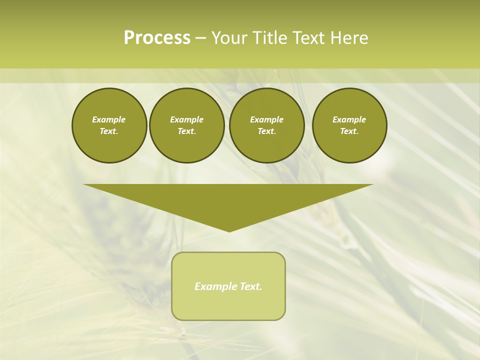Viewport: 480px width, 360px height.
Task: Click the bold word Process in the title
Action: click(x=157, y=38)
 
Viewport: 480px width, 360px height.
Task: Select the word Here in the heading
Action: click(x=349, y=38)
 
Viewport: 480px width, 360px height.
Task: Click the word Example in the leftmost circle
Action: click(x=109, y=119)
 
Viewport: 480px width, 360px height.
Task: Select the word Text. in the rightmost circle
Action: click(x=349, y=131)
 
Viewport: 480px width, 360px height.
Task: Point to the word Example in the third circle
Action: click(x=266, y=119)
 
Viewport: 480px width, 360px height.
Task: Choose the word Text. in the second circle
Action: click(x=186, y=131)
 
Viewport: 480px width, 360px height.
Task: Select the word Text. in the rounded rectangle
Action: click(x=250, y=286)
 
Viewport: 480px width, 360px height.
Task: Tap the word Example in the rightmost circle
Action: click(x=349, y=119)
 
